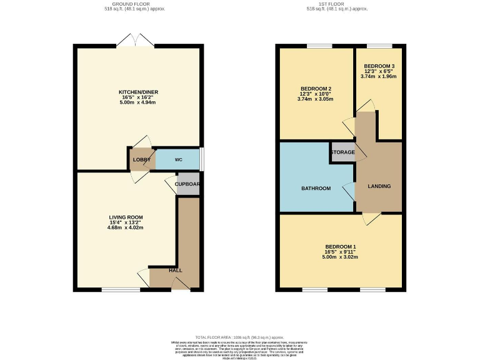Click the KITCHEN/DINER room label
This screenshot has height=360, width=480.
coord(139,92)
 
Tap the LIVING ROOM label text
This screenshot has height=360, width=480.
coord(126,217)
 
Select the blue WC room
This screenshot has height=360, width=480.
coord(178,160)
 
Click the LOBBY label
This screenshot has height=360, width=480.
coord(141,160)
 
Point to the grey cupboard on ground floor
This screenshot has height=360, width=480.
coord(187,185)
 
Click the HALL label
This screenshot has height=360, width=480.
coord(175,271)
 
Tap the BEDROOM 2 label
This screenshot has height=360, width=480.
coord(316,88)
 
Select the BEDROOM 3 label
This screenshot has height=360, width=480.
coord(379,66)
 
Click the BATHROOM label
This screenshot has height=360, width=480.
coord(316,188)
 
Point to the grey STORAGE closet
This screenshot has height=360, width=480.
coord(342,152)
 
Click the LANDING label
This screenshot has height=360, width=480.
coord(379,186)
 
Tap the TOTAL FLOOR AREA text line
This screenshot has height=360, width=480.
coord(240,337)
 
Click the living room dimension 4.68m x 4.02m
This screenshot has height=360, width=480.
coord(126,228)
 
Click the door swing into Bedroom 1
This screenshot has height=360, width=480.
coord(371,218)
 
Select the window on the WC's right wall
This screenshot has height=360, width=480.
coord(201,159)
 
